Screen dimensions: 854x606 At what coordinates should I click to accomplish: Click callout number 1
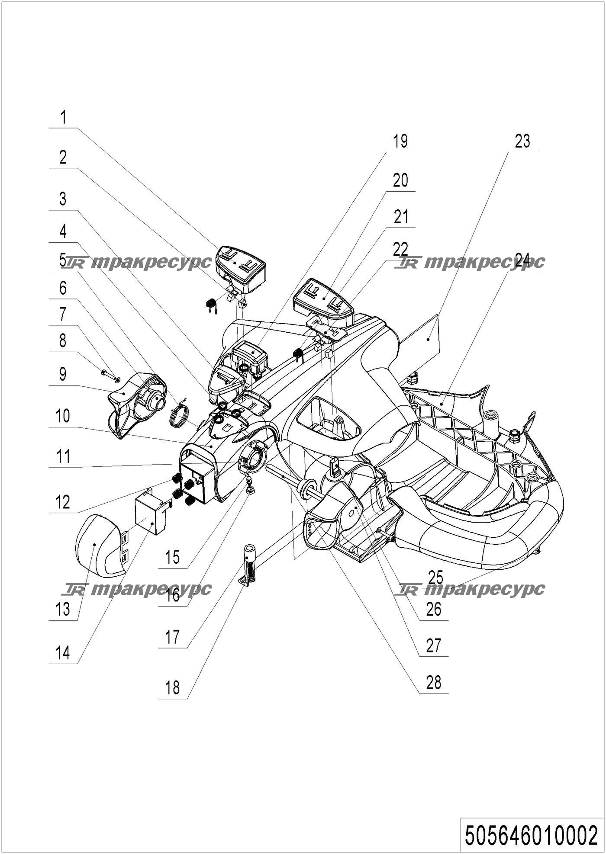64,118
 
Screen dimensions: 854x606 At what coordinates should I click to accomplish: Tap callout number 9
63,374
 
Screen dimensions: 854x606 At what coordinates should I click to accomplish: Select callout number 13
63,610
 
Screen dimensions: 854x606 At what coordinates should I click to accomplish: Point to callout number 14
63,652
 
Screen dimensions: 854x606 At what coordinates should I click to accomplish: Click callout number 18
173,687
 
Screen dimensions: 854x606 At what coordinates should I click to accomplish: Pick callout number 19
400,141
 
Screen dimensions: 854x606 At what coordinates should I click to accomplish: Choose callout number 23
522,141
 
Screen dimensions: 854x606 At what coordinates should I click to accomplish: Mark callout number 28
434,683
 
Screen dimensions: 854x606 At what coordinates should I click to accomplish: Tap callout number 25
436,577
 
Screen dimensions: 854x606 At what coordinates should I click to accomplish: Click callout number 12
63,502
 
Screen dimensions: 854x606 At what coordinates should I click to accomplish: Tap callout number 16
173,596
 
